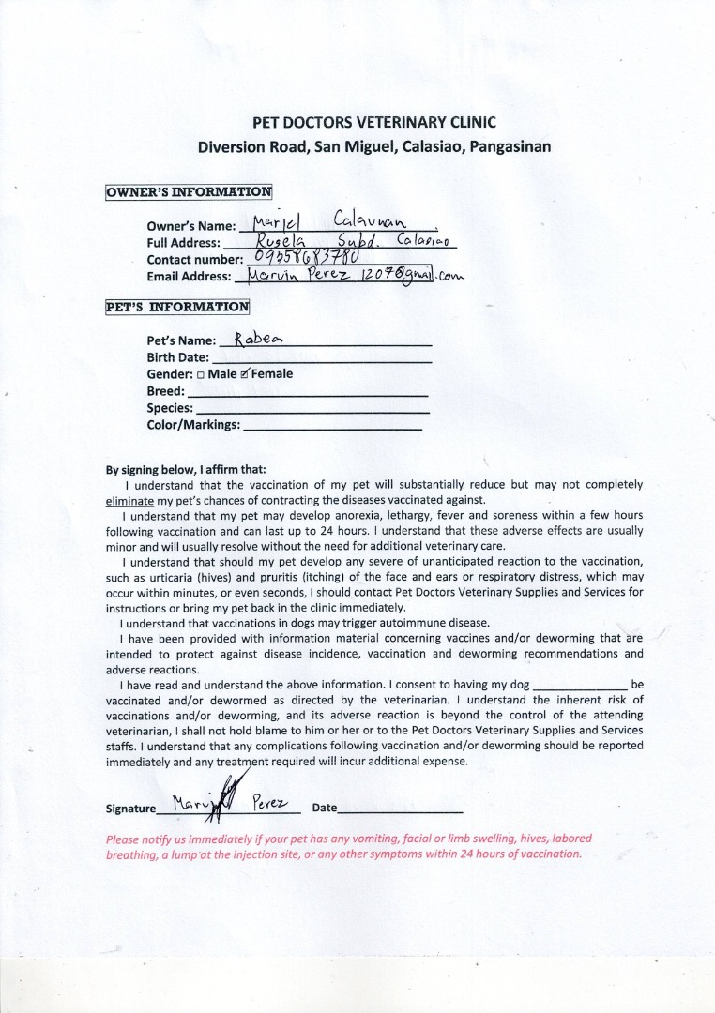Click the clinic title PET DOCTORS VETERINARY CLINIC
[373, 122]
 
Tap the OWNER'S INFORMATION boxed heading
[189, 192]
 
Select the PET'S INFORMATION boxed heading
[177, 306]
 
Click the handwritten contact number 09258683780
[305, 258]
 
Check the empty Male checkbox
[201, 374]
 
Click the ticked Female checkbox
[246, 373]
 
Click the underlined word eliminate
[130, 501]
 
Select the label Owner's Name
[190, 226]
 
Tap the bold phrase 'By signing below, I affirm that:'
[186, 470]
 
